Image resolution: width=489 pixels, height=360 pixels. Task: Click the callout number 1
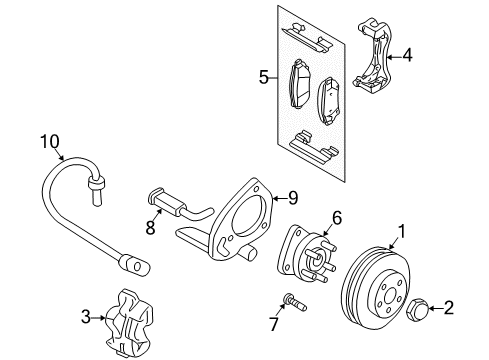pos(401,232)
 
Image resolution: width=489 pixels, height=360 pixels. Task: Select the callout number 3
pos(87,317)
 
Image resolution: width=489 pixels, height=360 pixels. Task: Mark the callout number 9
pos(292,197)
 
